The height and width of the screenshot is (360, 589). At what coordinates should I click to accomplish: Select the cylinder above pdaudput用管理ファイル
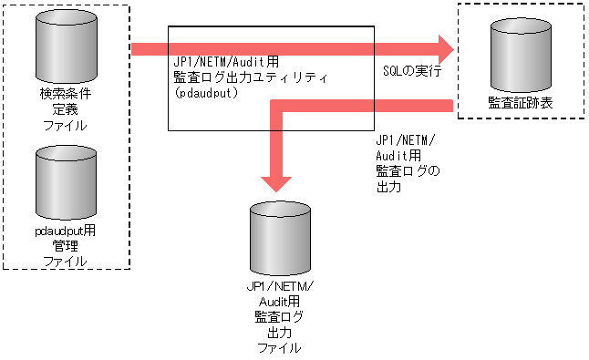point(66,181)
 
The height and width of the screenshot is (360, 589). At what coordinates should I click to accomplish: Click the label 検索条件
point(66,94)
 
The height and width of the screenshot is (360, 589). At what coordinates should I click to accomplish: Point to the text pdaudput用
point(64,232)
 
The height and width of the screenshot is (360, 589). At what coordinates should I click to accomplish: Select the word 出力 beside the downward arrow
point(388,186)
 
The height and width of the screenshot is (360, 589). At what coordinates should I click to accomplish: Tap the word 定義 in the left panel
point(66,108)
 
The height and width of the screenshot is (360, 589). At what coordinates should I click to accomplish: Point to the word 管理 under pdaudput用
point(66,247)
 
